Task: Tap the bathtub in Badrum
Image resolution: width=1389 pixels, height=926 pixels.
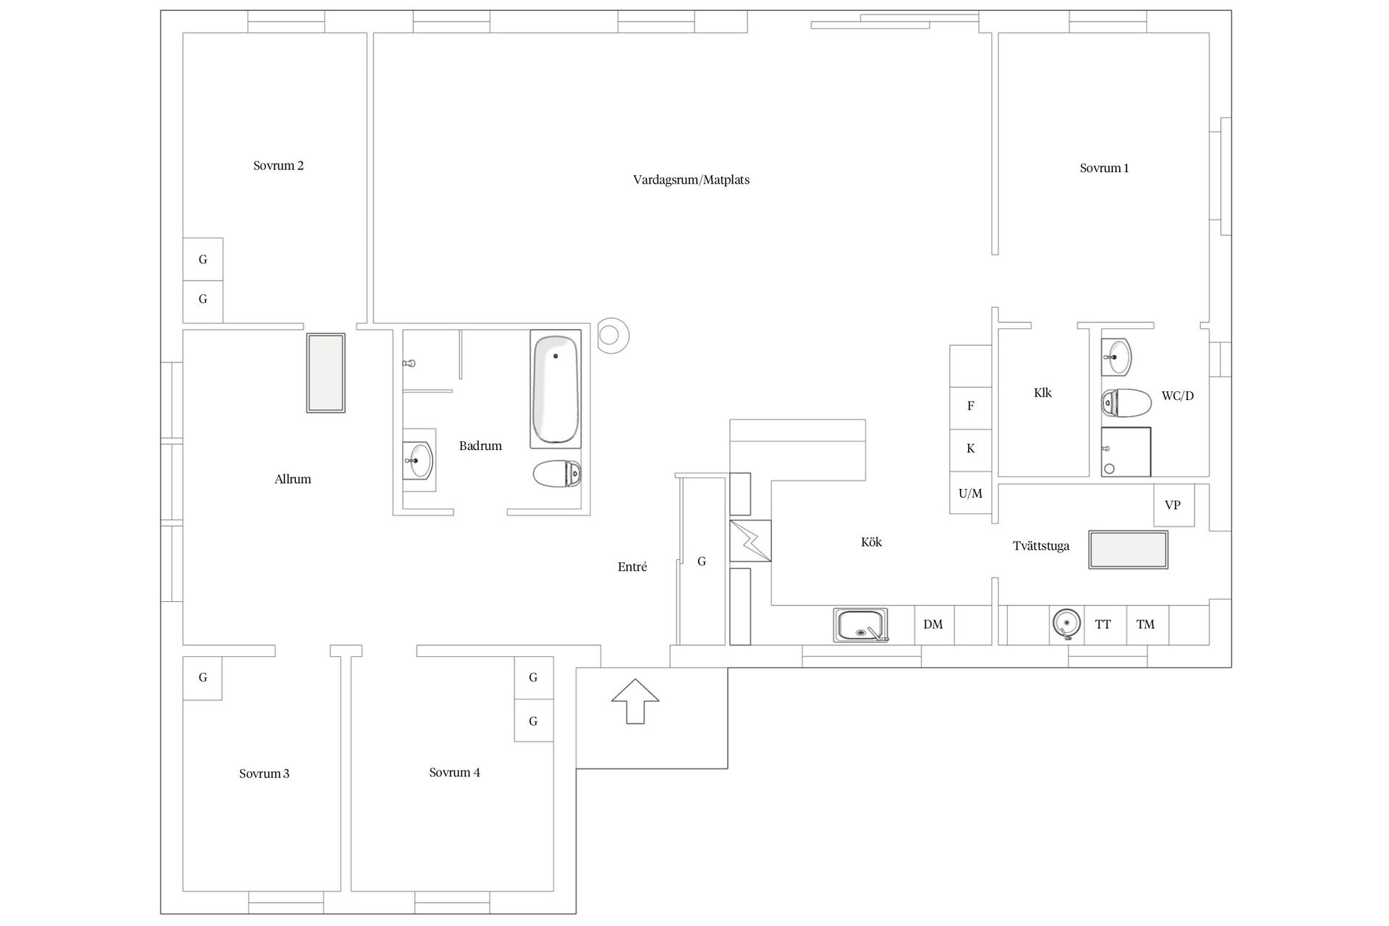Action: click(556, 389)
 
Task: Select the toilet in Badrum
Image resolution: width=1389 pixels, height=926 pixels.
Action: click(557, 475)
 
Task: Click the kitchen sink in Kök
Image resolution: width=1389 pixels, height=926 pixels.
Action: click(860, 625)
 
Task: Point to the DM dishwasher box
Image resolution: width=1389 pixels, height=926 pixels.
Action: click(934, 624)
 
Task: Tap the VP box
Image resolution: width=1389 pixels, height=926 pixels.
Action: click(1173, 505)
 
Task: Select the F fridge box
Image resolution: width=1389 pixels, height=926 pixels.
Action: click(971, 406)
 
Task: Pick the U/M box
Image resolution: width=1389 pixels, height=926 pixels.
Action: click(971, 493)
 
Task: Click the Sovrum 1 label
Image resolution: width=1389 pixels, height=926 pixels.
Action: click(1104, 168)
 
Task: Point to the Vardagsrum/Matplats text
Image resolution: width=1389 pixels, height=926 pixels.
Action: click(691, 179)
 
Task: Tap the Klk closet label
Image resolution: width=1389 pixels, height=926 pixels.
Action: click(1042, 393)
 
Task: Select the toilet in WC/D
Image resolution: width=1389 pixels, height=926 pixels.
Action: click(1126, 403)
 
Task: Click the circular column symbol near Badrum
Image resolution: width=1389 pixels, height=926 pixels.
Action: click(610, 336)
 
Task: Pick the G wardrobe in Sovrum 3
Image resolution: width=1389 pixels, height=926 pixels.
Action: click(203, 678)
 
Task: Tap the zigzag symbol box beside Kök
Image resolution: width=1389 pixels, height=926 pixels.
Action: click(750, 540)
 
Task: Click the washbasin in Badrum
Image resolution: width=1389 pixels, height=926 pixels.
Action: click(419, 460)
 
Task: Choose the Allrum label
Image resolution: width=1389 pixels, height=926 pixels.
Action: click(293, 479)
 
